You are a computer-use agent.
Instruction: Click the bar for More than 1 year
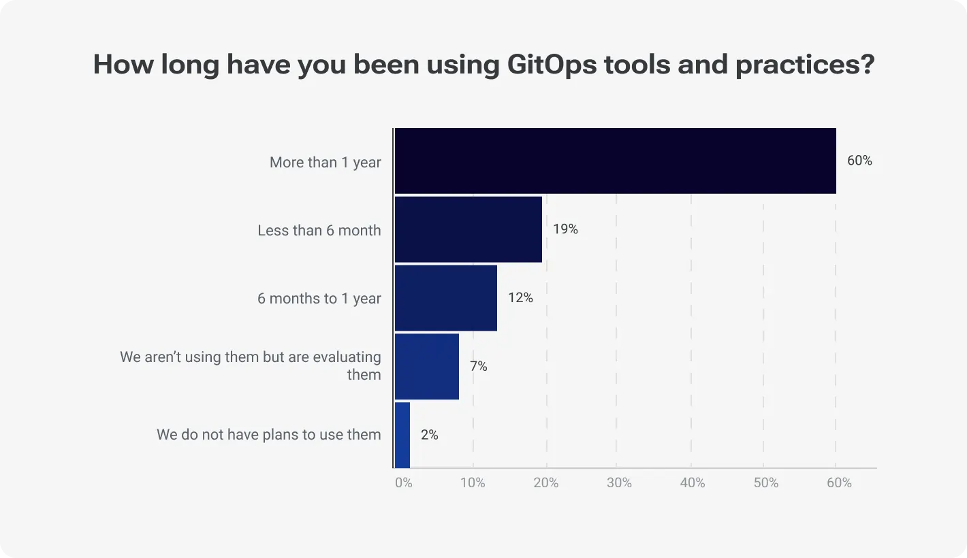[615, 161]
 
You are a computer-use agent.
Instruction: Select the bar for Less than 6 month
[469, 229]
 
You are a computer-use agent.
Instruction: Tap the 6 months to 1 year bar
[446, 298]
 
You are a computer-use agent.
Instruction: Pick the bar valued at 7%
[427, 366]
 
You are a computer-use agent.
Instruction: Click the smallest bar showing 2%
[402, 435]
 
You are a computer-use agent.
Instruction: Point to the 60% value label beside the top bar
[859, 161]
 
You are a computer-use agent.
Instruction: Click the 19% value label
[565, 229]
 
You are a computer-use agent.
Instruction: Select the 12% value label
[520, 298]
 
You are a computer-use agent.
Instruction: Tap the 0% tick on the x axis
[403, 482]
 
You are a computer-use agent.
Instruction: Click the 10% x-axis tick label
[473, 482]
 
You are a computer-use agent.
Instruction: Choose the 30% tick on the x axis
[619, 482]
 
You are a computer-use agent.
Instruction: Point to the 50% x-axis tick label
[765, 482]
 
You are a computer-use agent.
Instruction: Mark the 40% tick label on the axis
[693, 482]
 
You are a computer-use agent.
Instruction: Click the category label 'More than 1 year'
[325, 162]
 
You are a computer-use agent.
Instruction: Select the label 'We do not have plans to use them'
[268, 434]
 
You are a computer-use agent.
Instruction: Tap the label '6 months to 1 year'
[319, 298]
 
